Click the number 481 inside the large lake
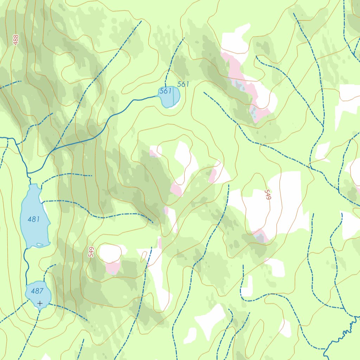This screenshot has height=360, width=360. pyautogui.click(x=33, y=219)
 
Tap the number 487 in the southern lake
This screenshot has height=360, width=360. pyautogui.click(x=37, y=291)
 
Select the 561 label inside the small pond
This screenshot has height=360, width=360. pyautogui.click(x=165, y=91)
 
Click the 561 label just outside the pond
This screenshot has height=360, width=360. pyautogui.click(x=183, y=84)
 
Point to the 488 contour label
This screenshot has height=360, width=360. pyautogui.click(x=15, y=39)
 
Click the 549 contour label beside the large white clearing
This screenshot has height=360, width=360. pyautogui.click(x=268, y=195)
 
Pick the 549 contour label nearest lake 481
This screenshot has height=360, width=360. pyautogui.click(x=91, y=252)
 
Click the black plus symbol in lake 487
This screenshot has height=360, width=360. pyautogui.click(x=40, y=303)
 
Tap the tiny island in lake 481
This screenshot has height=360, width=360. pyautogui.click(x=40, y=244)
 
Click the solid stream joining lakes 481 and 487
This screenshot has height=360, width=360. pyautogui.click(x=26, y=264)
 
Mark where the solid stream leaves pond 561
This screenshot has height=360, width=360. pyautogui.click(x=157, y=96)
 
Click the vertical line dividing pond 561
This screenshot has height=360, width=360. pyautogui.click(x=173, y=96)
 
